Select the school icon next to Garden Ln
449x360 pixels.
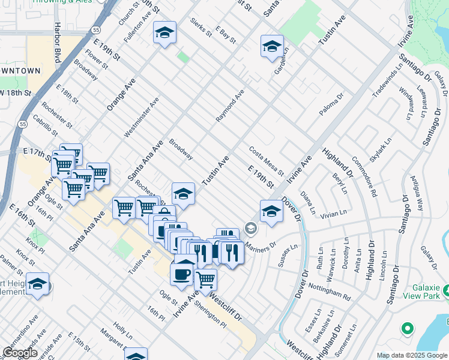click(272, 46)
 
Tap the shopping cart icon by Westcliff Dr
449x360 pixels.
click(206, 280)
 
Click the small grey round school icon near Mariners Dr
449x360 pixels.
click(250, 229)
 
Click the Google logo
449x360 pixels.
click(20, 352)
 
